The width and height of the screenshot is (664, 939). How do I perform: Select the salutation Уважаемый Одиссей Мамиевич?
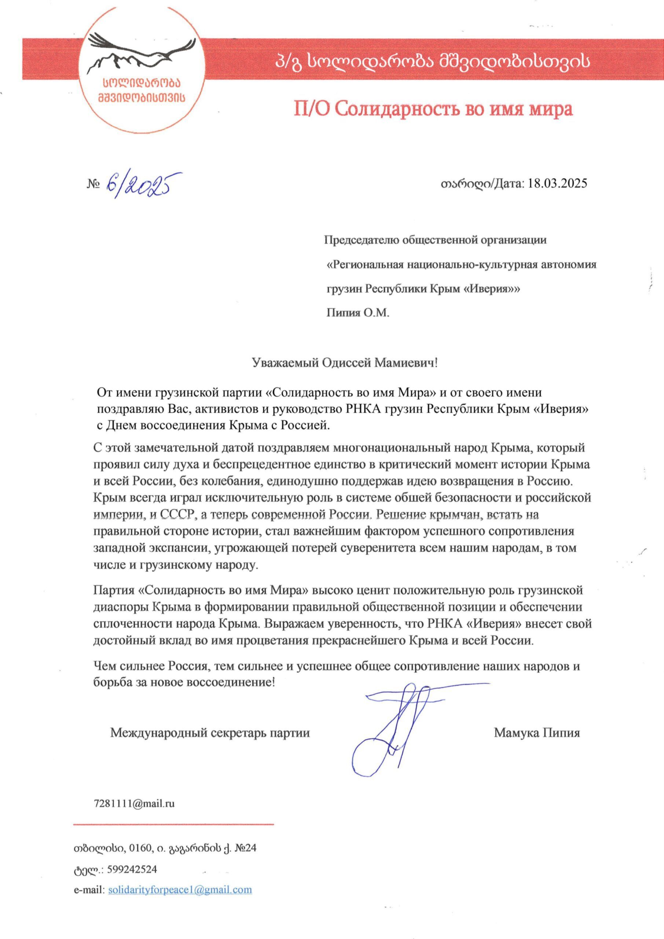coord(344,363)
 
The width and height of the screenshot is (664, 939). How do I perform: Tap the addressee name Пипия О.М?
coord(358,313)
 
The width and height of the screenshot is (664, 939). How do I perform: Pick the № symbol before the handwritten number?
coord(93,184)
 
